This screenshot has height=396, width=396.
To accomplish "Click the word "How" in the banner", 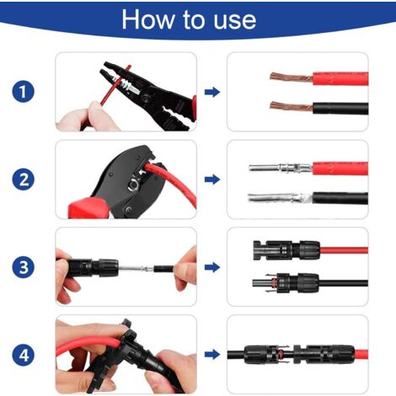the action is (147, 19).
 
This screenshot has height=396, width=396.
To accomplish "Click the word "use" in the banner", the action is (235, 21).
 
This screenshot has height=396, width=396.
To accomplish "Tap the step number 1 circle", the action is (24, 91).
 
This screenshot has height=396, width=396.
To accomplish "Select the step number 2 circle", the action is (24, 179).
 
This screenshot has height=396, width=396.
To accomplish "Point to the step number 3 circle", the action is (24, 267).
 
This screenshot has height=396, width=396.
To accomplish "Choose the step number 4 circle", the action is (24, 355).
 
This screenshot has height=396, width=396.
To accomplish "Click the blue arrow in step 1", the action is (212, 92).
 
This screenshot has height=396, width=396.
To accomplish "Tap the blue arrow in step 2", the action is (212, 179).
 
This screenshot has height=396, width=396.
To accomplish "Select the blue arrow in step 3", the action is (212, 267).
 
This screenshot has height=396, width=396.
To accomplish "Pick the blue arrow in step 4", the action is (212, 355).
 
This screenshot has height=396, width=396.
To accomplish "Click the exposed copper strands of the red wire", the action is (292, 77).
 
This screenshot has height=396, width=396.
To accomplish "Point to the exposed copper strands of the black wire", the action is (292, 107).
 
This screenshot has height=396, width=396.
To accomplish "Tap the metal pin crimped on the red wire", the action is (281, 168).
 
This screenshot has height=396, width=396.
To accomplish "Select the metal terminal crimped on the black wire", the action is (280, 198).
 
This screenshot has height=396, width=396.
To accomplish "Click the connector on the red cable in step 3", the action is (286, 250).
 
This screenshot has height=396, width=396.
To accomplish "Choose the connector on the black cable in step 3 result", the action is (286, 282).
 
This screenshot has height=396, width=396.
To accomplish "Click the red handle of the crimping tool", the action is (88, 208).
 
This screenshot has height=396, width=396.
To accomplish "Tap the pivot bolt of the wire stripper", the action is (146, 99).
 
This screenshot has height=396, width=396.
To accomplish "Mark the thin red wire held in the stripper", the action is (115, 86).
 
